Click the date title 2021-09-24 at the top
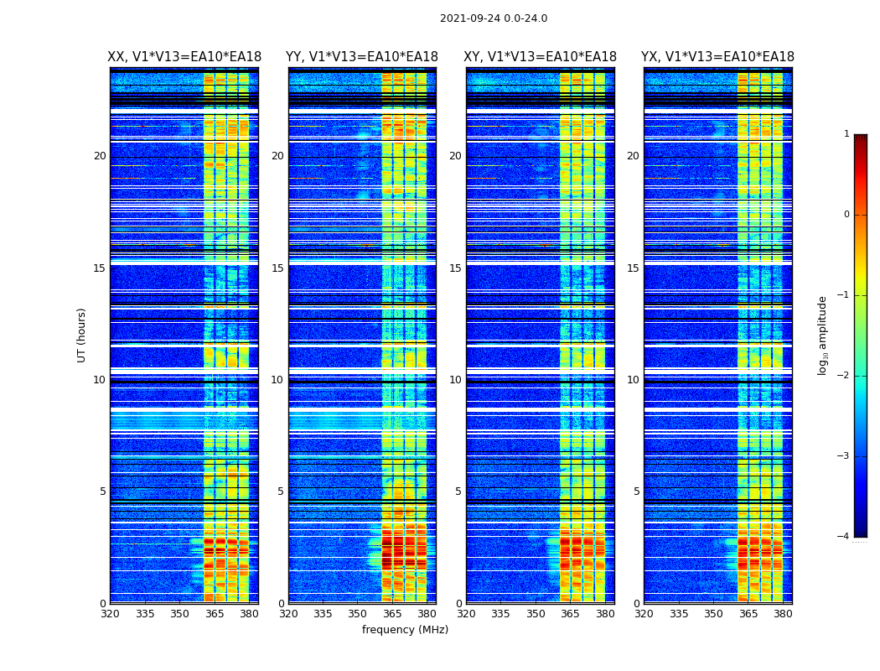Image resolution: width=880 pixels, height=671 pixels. (x=493, y=18)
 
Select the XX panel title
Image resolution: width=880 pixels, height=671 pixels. (x=184, y=57)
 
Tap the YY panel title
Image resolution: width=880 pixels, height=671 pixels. (x=362, y=57)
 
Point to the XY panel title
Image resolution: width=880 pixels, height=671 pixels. (x=541, y=57)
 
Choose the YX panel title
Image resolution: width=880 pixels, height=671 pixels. (x=717, y=57)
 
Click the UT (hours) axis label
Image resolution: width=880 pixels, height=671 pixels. (x=81, y=335)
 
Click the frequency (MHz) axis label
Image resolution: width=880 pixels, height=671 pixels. (x=405, y=630)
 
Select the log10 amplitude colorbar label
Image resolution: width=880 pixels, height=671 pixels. (x=823, y=335)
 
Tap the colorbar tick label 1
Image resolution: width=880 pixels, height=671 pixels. (x=846, y=134)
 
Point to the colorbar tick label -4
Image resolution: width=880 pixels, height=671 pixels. (x=843, y=537)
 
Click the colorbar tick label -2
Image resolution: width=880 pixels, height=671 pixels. (x=843, y=376)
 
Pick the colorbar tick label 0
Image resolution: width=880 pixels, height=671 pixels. (x=846, y=215)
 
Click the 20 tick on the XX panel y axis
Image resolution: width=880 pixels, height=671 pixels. (x=100, y=156)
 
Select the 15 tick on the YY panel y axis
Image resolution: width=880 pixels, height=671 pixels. (x=277, y=268)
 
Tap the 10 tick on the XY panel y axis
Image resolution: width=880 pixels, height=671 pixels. (x=455, y=380)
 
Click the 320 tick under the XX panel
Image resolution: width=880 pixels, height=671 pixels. (x=111, y=614)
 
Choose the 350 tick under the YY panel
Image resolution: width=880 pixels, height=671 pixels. (x=358, y=614)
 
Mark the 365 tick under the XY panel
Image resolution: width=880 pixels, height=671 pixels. (x=570, y=614)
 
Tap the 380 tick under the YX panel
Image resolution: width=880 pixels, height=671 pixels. (x=783, y=614)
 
